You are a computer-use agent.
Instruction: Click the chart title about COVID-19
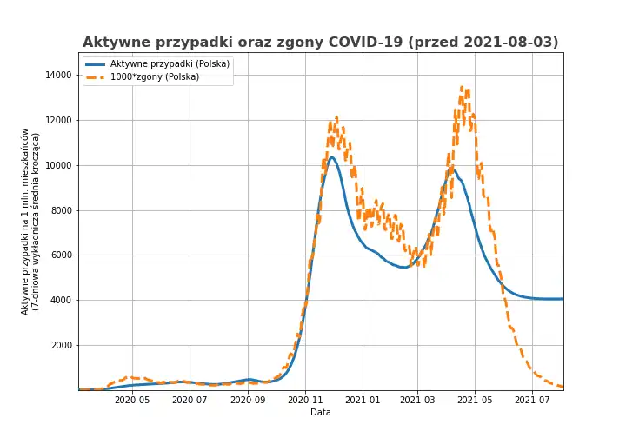click(x=321, y=43)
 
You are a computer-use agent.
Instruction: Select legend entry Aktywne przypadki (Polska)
click(x=170, y=64)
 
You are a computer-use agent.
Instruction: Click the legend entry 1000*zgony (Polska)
click(x=155, y=77)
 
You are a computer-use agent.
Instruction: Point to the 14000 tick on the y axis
click(x=60, y=76)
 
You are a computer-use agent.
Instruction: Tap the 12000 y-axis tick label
click(x=60, y=121)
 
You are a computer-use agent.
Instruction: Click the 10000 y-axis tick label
click(x=60, y=165)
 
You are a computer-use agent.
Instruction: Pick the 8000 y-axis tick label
click(x=63, y=210)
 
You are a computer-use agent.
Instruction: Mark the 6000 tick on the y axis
click(x=63, y=255)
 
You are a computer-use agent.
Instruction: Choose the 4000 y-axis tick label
click(x=63, y=301)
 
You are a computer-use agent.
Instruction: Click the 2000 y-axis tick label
click(x=63, y=346)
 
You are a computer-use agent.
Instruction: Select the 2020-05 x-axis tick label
click(x=132, y=401)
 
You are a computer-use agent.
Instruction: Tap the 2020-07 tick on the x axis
click(x=190, y=401)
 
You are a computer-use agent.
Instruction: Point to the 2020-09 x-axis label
click(x=248, y=401)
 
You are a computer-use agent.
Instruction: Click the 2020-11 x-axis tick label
click(x=305, y=401)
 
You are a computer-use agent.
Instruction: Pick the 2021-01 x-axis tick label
click(x=362, y=401)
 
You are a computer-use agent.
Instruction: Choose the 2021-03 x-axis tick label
click(x=417, y=401)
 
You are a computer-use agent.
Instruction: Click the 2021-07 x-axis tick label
click(x=531, y=401)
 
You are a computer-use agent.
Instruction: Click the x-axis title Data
click(x=321, y=413)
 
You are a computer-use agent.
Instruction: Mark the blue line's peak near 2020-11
click(x=332, y=157)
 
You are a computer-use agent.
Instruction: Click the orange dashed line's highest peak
click(x=463, y=87)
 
